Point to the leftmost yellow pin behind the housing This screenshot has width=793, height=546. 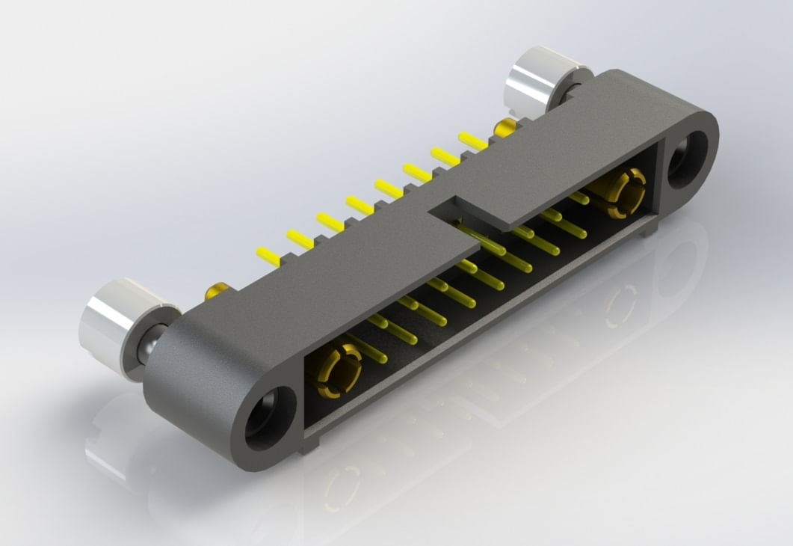click(268, 254)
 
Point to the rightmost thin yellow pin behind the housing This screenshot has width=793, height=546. click(472, 140)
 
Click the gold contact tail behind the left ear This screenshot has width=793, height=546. click(217, 289)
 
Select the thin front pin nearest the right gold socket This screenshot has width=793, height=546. click(579, 197)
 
